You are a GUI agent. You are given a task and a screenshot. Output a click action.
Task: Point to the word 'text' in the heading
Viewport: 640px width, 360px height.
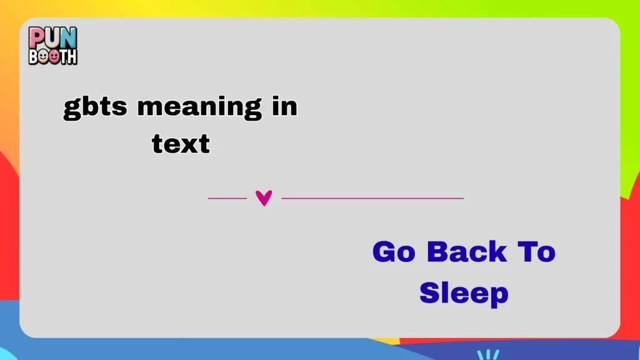coord(181,144)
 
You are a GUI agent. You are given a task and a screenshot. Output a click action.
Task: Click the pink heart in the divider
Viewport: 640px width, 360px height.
coord(264,198)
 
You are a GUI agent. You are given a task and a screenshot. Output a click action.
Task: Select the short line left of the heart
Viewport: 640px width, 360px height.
coord(227,198)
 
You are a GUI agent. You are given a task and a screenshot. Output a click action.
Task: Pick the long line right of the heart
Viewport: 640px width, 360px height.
coord(372,198)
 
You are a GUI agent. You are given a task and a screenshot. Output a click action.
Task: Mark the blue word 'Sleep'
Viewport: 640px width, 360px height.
coord(464,292)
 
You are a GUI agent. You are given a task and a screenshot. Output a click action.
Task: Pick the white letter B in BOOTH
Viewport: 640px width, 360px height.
coord(34,56)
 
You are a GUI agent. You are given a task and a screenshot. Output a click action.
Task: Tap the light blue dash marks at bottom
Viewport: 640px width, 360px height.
coord(487,354)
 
